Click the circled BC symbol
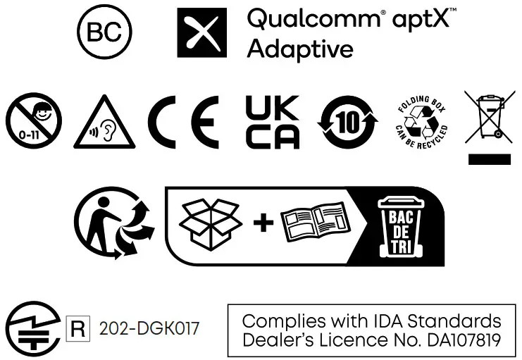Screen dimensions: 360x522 [x=104, y=33]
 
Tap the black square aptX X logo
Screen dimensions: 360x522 [x=202, y=33]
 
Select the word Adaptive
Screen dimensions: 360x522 [x=300, y=49]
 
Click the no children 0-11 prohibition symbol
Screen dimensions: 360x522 [x=34, y=119]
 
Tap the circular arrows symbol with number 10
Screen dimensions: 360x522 [x=349, y=120]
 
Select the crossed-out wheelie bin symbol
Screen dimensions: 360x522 [x=489, y=116]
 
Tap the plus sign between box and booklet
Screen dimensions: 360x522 [x=263, y=223]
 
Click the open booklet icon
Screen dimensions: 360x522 [x=316, y=223]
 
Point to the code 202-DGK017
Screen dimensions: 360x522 [x=149, y=328]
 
